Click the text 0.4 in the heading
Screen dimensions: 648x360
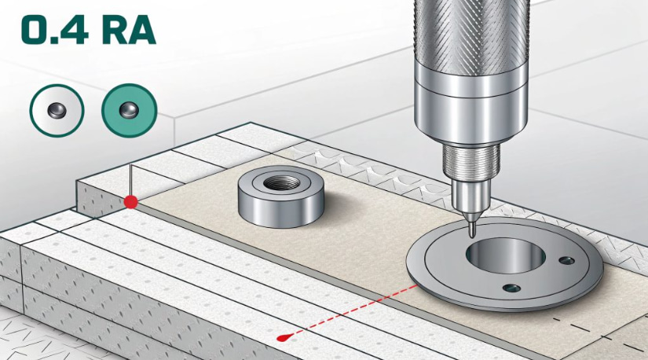coord(55,30)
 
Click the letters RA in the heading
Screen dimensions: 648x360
coord(130,30)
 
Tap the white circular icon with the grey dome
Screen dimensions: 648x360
coord(57,111)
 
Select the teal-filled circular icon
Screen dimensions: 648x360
coord(130,111)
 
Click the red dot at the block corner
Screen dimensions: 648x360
coord(131,202)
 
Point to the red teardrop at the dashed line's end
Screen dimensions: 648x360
coord(284,338)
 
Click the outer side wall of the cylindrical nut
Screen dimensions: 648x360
coord(280,210)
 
